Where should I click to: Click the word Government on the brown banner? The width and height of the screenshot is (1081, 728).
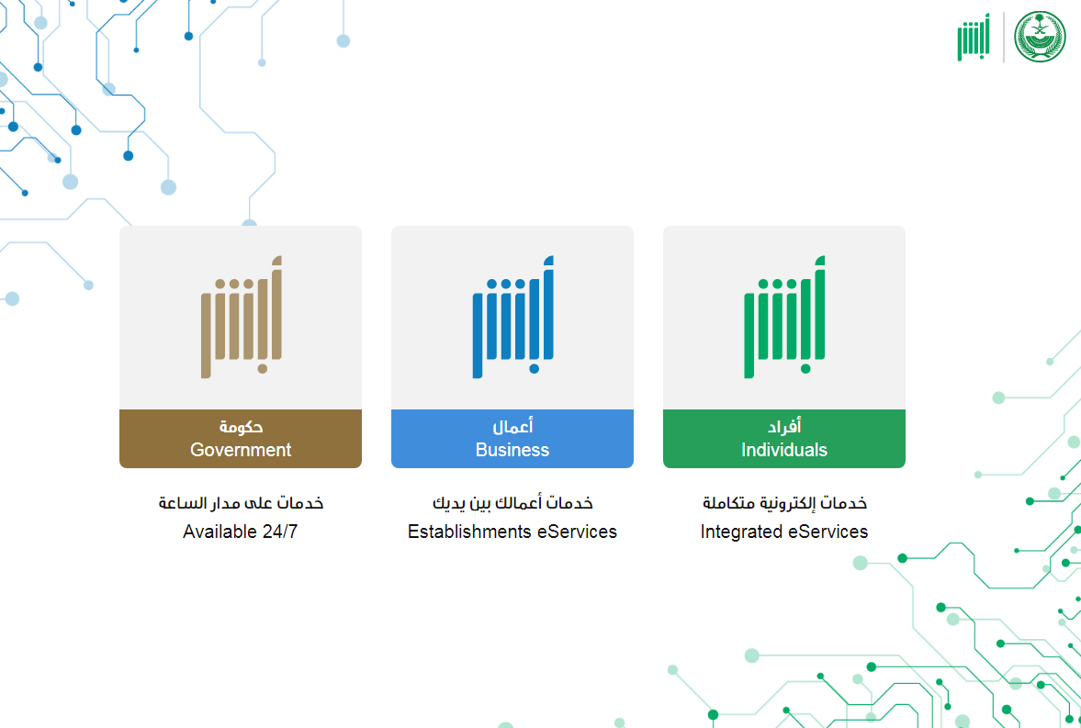pyautogui.click(x=241, y=450)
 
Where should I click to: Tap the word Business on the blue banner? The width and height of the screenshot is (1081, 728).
pyautogui.click(x=512, y=450)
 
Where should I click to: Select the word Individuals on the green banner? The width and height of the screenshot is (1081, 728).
pyautogui.click(x=783, y=450)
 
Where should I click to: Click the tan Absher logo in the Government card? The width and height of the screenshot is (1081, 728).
pyautogui.click(x=242, y=317)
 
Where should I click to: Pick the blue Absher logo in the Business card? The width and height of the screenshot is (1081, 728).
pyautogui.click(x=512, y=317)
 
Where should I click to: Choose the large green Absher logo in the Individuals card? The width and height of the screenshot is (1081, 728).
pyautogui.click(x=784, y=317)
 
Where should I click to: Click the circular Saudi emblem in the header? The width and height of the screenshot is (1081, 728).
pyautogui.click(x=1040, y=37)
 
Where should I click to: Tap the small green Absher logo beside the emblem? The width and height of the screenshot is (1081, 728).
pyautogui.click(x=974, y=38)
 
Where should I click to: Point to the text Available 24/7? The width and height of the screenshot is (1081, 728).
pyautogui.click(x=240, y=532)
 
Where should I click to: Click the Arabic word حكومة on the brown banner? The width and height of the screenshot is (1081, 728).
pyautogui.click(x=241, y=427)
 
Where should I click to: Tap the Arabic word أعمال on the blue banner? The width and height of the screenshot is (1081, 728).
pyautogui.click(x=512, y=427)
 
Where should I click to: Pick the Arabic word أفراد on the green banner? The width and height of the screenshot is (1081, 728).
pyautogui.click(x=783, y=427)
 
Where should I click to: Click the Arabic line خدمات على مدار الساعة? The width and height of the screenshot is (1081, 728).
pyautogui.click(x=241, y=502)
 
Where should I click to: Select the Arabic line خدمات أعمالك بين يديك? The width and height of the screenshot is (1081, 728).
pyautogui.click(x=512, y=502)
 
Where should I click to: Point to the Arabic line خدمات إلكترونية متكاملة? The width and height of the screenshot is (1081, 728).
pyautogui.click(x=784, y=502)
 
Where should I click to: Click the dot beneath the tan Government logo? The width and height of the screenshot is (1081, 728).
pyautogui.click(x=262, y=369)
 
